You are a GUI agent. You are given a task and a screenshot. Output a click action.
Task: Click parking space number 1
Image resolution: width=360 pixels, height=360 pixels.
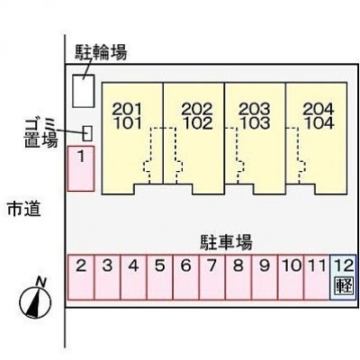coord(81,168)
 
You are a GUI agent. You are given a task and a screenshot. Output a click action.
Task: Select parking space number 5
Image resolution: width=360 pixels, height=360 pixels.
coord(159,277)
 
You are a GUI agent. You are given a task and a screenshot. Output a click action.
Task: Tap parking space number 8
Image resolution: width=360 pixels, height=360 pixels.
coord(238,277)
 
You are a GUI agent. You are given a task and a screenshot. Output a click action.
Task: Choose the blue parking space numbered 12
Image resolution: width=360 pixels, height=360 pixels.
coord(343,277)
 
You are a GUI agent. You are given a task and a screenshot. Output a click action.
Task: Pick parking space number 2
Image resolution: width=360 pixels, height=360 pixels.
coord(81,277)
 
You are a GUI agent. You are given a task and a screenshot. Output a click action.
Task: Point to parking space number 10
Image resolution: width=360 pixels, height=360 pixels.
coord(291,277)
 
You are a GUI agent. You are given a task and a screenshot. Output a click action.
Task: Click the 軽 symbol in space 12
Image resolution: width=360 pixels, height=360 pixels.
coord(343,285)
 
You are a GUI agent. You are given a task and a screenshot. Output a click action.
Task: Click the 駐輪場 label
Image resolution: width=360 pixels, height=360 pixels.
coord(101,52)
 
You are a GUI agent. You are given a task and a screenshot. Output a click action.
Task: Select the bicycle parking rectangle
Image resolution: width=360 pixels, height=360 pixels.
coord(84,91)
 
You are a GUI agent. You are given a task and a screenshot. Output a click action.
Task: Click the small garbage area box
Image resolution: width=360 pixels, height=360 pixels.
coord(87,133)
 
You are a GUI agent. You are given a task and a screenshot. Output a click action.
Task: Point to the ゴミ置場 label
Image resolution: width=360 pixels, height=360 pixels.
coord(41,133)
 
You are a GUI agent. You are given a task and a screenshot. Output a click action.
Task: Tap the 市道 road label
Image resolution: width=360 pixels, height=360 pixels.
coord(24,209)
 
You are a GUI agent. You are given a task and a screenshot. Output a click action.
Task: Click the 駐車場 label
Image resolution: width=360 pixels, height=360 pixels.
coord(227,242)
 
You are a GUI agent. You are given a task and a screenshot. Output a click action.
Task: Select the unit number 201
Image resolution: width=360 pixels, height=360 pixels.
coord(127,110)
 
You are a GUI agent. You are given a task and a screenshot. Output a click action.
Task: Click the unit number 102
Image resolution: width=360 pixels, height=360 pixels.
coord(198,123)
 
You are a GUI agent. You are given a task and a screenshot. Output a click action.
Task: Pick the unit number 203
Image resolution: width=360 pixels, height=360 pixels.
coord(254,110)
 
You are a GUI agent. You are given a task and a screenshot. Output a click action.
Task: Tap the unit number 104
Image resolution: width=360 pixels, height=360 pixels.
coord(319,123)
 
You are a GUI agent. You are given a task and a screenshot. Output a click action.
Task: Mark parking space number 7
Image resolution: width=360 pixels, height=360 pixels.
coord(212,277)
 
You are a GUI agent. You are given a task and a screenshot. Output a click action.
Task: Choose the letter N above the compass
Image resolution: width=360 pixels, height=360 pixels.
coord(40,282)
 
